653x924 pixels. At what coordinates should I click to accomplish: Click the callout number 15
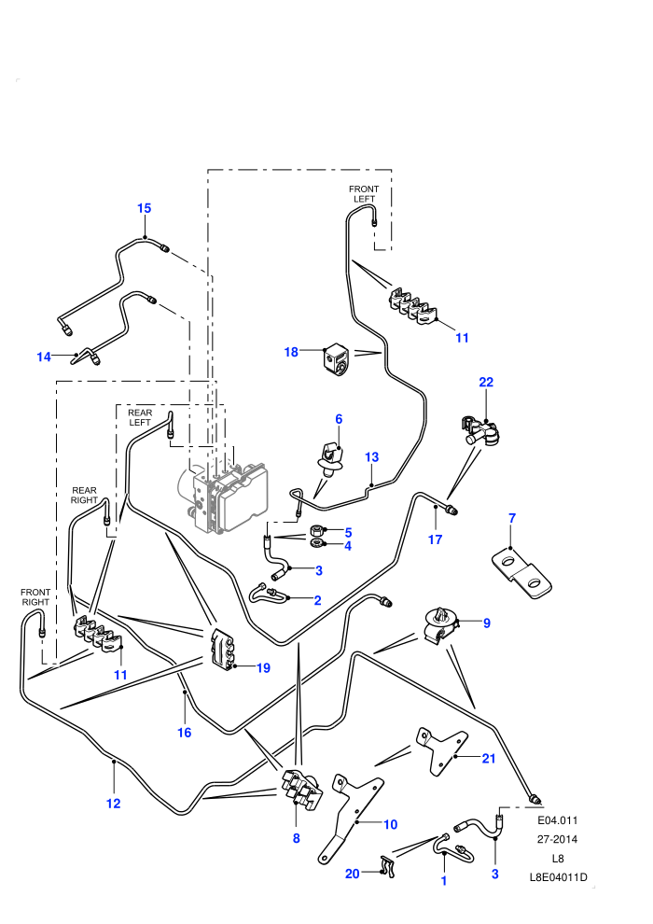click(x=145, y=208)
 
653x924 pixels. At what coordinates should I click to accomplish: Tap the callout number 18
click(x=291, y=352)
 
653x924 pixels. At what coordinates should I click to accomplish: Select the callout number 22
click(x=486, y=382)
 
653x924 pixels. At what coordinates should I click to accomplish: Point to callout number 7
click(x=512, y=518)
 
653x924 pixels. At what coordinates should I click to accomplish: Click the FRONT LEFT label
click(x=363, y=194)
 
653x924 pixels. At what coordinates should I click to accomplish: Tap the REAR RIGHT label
click(x=84, y=495)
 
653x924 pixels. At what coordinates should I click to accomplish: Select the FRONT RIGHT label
click(x=35, y=597)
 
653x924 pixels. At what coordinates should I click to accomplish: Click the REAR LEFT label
click(x=140, y=417)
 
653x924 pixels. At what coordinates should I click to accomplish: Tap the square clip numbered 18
click(x=335, y=358)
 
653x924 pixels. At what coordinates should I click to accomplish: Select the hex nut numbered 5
click(x=315, y=530)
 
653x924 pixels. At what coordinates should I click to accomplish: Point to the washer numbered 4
click(x=315, y=541)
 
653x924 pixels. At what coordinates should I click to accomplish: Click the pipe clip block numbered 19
click(x=222, y=650)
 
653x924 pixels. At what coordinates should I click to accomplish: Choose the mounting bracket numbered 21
click(x=441, y=750)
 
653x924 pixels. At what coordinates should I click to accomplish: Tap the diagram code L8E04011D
click(x=558, y=877)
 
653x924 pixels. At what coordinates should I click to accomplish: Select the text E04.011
click(x=558, y=820)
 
